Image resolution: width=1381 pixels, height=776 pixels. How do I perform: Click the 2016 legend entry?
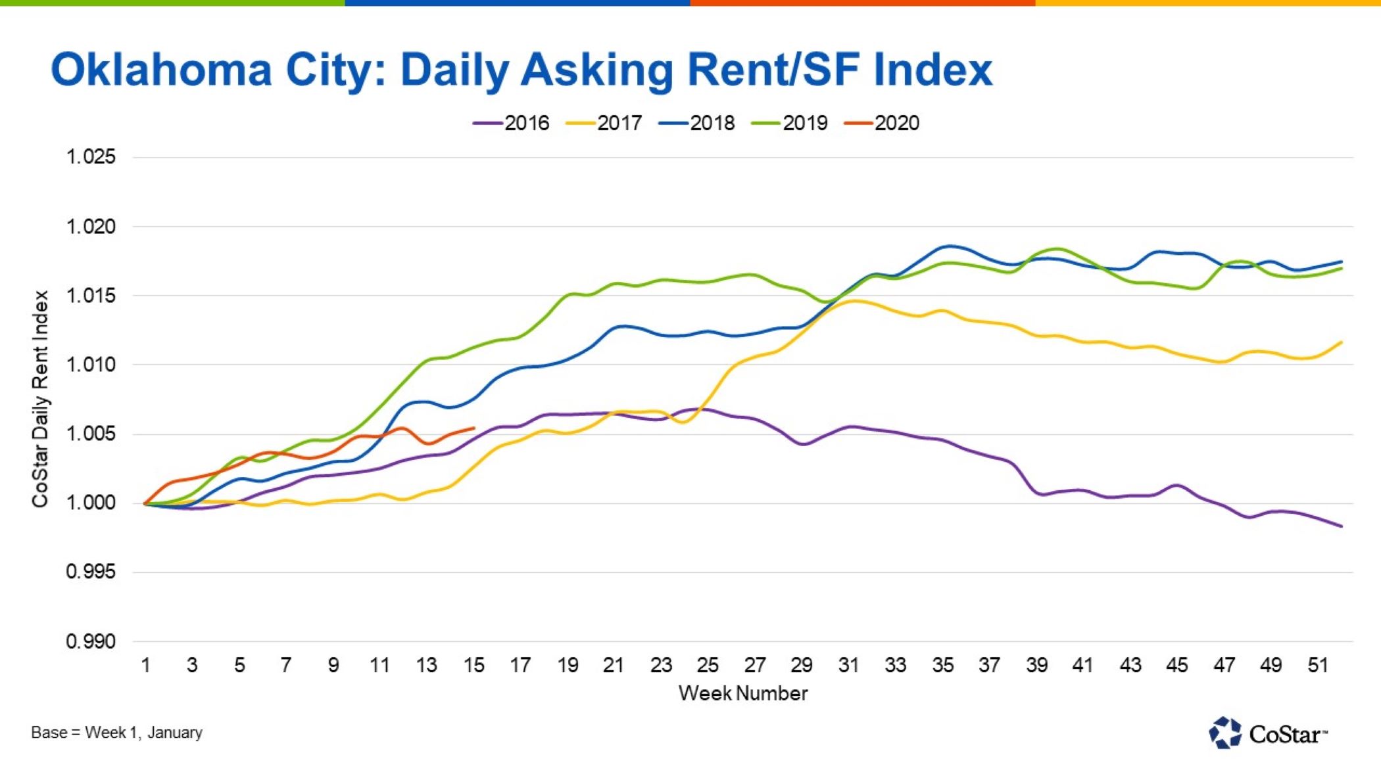[x=512, y=123]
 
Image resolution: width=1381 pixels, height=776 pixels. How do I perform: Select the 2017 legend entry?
[x=604, y=123]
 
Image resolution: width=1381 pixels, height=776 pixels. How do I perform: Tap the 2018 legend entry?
[x=697, y=123]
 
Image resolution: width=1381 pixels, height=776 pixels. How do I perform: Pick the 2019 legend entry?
[x=790, y=123]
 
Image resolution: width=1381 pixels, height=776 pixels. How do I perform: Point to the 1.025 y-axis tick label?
[x=91, y=157]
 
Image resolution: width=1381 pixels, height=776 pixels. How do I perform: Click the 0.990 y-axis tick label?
[x=91, y=641]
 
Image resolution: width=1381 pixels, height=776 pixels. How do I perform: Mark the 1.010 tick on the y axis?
[x=91, y=365]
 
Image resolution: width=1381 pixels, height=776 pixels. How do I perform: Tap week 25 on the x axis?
[x=708, y=666]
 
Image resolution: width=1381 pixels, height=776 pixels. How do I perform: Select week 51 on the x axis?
[x=1317, y=666]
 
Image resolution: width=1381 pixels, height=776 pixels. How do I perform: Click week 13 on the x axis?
[x=426, y=666]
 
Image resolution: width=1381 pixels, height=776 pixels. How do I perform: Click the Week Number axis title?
[x=742, y=693]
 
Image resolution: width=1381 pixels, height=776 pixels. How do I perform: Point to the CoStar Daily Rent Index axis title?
[x=41, y=399]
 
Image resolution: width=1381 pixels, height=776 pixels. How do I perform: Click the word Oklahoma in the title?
[x=161, y=70]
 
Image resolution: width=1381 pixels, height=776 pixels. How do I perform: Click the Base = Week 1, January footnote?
[x=116, y=733]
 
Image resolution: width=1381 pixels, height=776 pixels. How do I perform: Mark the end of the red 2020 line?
[x=474, y=428]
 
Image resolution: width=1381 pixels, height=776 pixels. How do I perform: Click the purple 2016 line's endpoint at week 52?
[x=1342, y=526]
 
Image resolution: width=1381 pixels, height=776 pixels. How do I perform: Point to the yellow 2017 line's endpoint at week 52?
[x=1342, y=342]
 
